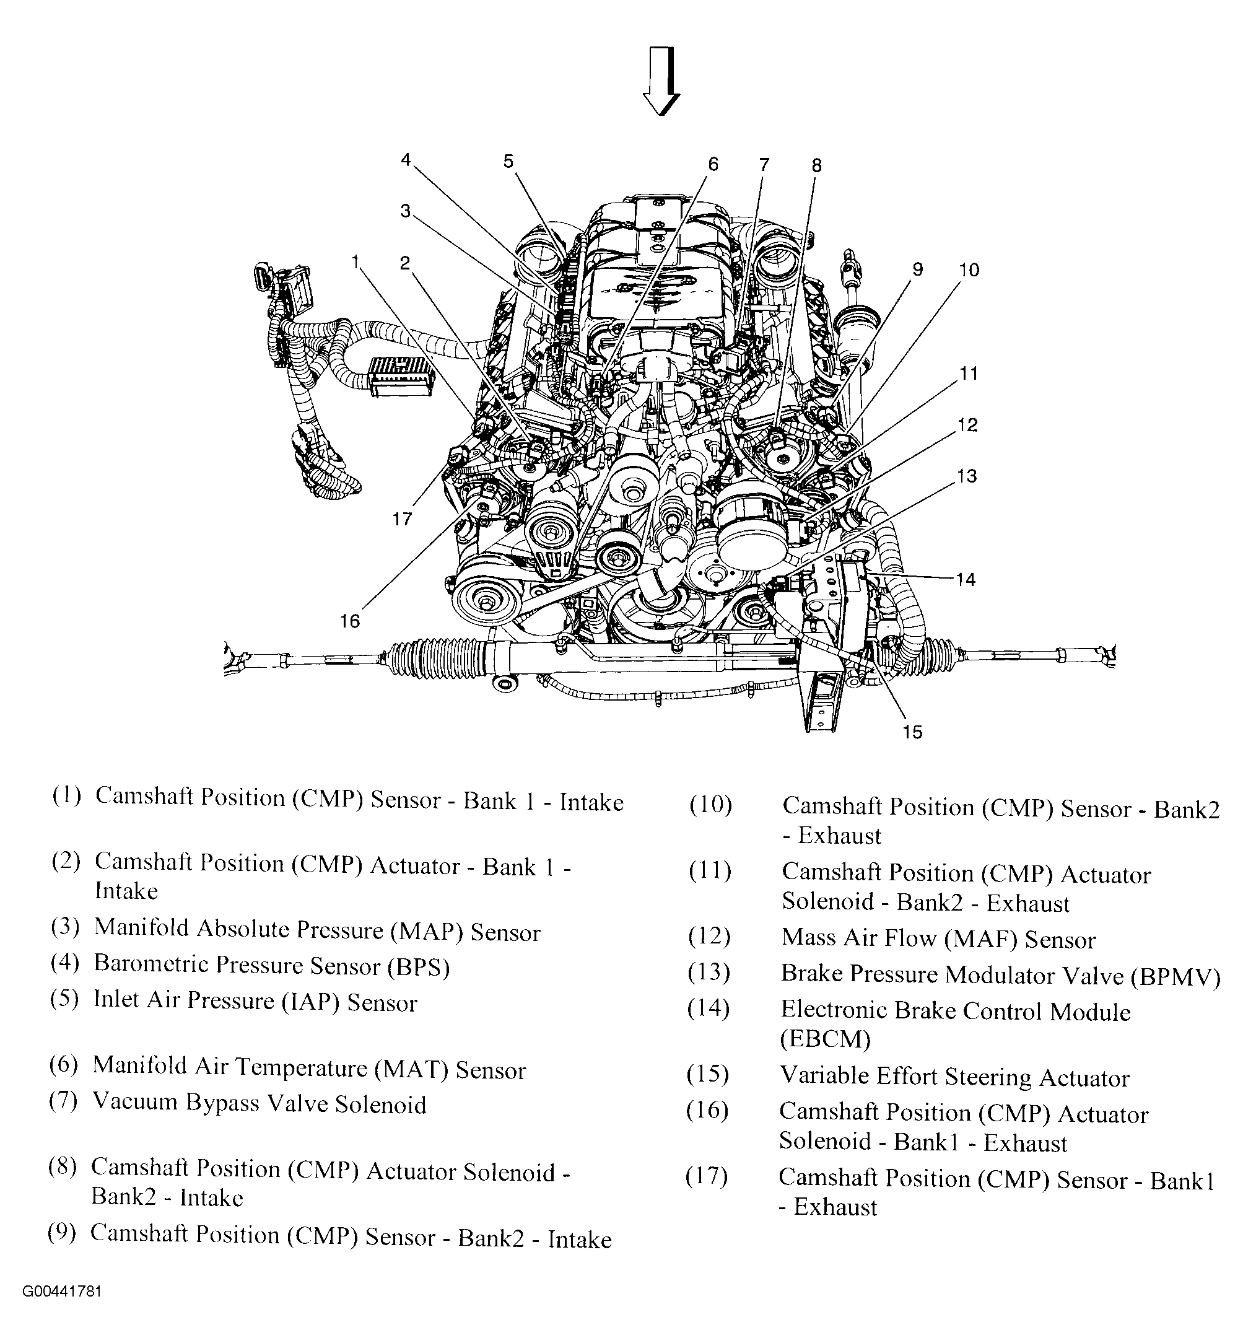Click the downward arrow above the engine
(662, 80)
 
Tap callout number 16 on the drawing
(350, 622)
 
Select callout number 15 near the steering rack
(912, 732)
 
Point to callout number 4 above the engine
(406, 160)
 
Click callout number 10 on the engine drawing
(969, 271)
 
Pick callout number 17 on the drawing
(402, 520)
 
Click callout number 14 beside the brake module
(966, 579)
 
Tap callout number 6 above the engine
(713, 164)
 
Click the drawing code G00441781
(62, 1292)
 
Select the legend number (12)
(709, 936)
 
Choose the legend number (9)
(62, 1233)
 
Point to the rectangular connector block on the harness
(401, 375)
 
